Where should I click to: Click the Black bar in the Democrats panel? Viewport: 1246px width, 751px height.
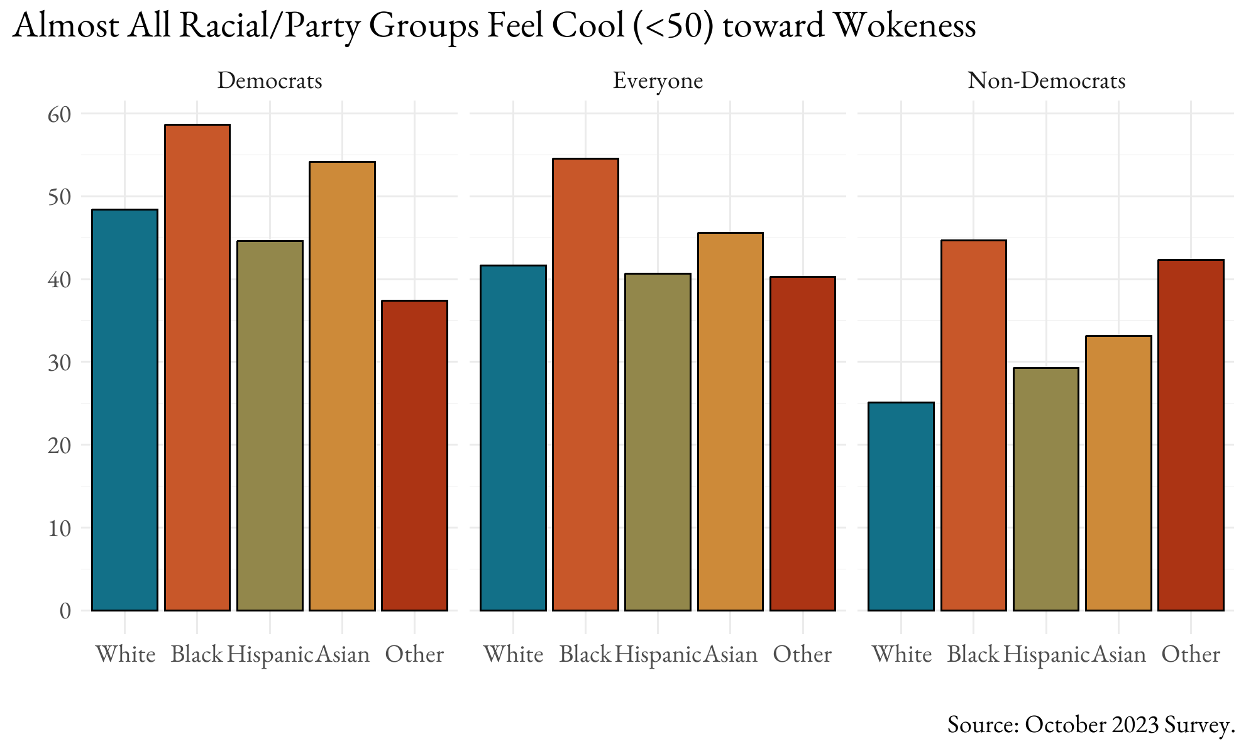(x=197, y=368)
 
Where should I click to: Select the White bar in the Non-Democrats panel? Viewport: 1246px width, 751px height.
(x=901, y=506)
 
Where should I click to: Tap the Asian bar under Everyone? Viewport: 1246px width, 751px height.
(x=730, y=421)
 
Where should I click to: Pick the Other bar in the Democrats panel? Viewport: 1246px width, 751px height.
(x=414, y=456)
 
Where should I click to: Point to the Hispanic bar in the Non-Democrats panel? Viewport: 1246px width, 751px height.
(x=1046, y=489)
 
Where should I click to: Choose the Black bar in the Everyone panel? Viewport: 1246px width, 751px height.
(x=585, y=384)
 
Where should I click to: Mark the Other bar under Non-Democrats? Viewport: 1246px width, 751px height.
(x=1191, y=435)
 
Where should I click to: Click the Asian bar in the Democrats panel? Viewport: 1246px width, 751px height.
(x=342, y=386)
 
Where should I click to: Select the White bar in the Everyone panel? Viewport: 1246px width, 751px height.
(x=513, y=437)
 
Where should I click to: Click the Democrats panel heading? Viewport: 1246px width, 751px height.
(x=270, y=81)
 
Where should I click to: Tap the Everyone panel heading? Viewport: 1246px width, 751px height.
(x=658, y=81)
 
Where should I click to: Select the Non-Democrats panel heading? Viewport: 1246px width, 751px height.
(x=1046, y=81)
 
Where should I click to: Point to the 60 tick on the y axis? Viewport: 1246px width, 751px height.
(x=58, y=114)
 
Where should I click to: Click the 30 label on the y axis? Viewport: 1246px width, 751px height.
(x=58, y=363)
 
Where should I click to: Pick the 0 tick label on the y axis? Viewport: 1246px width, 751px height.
(x=65, y=611)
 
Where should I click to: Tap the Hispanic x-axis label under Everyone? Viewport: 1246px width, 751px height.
(x=658, y=655)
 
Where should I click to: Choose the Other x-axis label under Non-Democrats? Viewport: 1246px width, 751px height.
(x=1191, y=655)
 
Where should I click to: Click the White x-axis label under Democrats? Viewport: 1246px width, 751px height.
(x=126, y=655)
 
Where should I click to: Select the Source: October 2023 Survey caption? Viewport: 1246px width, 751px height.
(x=1091, y=725)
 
